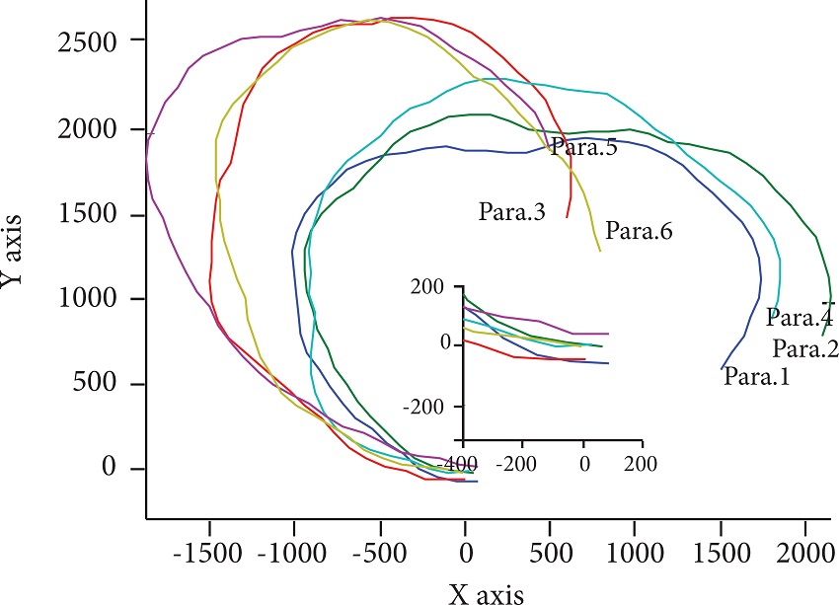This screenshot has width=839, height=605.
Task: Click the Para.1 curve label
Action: pos(756,376)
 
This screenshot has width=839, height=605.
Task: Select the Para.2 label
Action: pos(805,347)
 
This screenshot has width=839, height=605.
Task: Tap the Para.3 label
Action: pos(512,211)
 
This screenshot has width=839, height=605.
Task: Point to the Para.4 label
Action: pos(800,318)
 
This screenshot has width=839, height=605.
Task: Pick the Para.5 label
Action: pos(583,147)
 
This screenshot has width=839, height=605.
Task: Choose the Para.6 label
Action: pos(639,232)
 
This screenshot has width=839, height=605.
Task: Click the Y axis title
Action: pos(14,256)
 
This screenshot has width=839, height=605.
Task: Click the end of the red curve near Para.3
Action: pos(567,217)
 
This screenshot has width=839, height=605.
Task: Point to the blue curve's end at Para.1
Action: pos(722,368)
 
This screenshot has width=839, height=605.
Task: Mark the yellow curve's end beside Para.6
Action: pos(599,251)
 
